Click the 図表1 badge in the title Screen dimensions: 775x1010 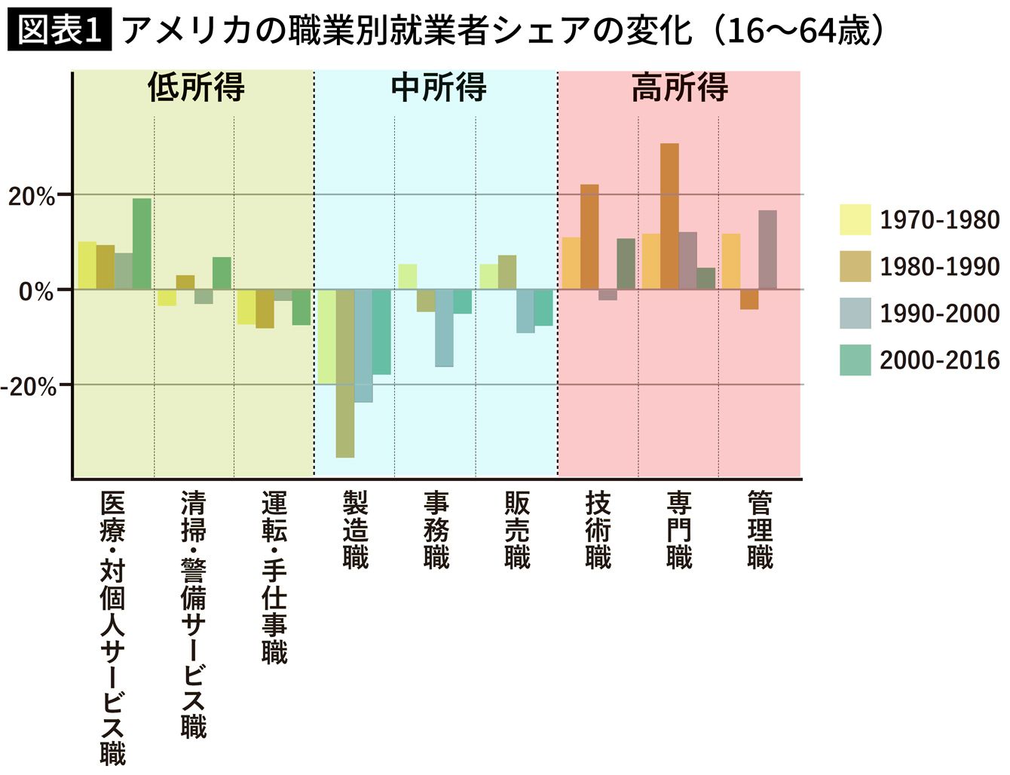pos(59,31)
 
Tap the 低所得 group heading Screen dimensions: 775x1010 pos(196,88)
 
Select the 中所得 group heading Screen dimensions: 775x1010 pos(438,88)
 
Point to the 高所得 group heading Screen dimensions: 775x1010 pos(679,88)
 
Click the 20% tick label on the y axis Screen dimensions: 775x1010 pos(32,197)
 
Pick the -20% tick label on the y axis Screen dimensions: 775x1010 pos(29,387)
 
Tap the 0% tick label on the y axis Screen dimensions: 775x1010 pos(36,292)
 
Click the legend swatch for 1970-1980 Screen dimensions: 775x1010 pos(855,220)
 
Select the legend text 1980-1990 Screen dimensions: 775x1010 pos(939,267)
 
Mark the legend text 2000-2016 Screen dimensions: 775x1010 pos(939,360)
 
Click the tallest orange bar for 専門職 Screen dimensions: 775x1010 pos(669,216)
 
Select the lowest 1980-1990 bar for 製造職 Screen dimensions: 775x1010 pos(345,373)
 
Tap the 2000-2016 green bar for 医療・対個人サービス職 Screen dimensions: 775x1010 pos(142,244)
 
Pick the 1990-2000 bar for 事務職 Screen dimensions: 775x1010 pos(444,328)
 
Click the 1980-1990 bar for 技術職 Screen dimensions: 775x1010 pos(589,237)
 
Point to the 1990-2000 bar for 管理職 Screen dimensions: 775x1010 pos(767,250)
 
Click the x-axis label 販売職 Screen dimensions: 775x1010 pos(517,529)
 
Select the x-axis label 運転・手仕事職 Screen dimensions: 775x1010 pos(274,577)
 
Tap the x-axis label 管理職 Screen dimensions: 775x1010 pos(760,529)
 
